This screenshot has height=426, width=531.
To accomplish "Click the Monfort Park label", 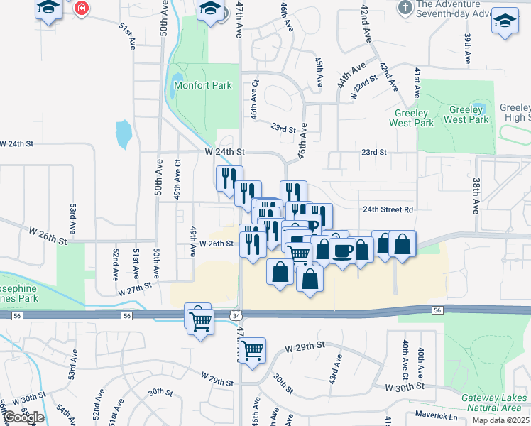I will coord(203,85).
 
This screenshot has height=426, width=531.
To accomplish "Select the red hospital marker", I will coord(82,9).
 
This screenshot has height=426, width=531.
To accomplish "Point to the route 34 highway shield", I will coord(236,313).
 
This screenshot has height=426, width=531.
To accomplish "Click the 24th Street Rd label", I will coord(388,209).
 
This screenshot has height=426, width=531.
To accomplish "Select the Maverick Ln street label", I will coord(434,416).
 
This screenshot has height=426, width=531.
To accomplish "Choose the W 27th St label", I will coord(136,288).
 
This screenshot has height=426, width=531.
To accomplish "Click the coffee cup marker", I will coord(342,252).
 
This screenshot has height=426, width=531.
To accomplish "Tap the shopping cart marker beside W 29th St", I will coord(252,350).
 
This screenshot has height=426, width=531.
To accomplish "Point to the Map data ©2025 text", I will coord(500,420).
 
